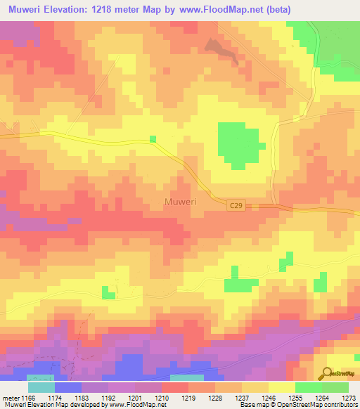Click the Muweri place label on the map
(x=180, y=202)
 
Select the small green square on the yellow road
(x=153, y=138)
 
